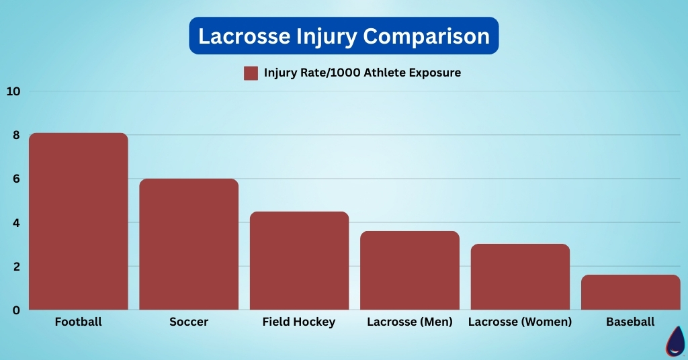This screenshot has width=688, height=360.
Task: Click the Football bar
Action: click(x=78, y=222)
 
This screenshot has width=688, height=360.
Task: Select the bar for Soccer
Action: click(x=189, y=244)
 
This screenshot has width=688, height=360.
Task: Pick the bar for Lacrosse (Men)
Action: click(x=410, y=271)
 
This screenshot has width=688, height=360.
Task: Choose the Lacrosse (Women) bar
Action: click(x=520, y=277)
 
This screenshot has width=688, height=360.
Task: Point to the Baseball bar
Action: click(x=630, y=292)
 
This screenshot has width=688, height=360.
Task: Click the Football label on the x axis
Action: click(x=78, y=322)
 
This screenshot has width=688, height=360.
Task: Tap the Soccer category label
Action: click(x=189, y=322)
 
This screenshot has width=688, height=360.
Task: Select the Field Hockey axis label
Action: click(x=299, y=322)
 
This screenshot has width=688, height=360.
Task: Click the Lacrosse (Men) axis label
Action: click(x=410, y=322)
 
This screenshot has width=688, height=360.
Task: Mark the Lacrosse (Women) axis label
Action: click(x=520, y=322)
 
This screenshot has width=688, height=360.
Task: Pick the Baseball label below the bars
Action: click(x=630, y=322)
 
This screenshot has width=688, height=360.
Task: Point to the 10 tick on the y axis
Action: click(x=13, y=91)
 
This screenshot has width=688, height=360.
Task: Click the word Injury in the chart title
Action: click(x=308, y=36)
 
